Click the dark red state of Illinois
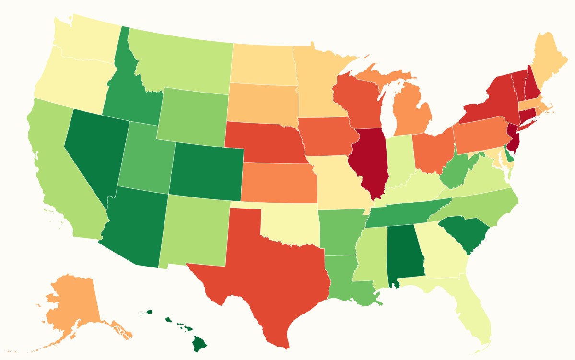(370, 161)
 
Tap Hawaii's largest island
(199, 343)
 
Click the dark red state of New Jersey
(514, 137)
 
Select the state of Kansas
(278, 182)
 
